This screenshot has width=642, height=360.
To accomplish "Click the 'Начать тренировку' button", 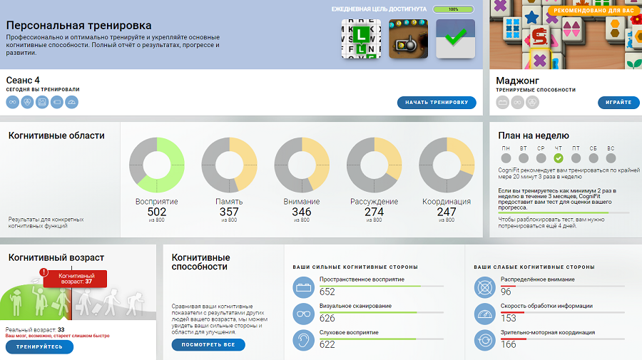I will (437, 103).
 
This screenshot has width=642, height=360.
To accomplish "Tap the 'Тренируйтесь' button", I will (40, 347).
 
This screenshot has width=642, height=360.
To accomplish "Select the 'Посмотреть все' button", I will (208, 345).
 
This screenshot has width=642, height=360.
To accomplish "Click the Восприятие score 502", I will (157, 212).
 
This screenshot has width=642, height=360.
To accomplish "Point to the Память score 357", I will (229, 212).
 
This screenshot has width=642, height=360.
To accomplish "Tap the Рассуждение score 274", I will (374, 212).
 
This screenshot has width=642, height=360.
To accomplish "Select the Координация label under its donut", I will (447, 202).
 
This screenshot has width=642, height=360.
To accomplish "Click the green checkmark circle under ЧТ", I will (559, 158).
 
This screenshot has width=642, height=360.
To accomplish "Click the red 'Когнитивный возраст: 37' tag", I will (76, 278).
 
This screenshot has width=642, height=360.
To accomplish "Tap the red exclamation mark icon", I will (44, 272).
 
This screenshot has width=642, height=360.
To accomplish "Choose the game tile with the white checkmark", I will (455, 39).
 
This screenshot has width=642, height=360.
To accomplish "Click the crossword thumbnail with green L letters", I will (361, 39).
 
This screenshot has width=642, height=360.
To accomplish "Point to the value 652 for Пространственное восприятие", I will (327, 292).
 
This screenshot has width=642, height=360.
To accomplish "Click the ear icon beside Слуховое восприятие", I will (303, 340).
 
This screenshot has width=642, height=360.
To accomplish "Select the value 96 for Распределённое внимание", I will (506, 292).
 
